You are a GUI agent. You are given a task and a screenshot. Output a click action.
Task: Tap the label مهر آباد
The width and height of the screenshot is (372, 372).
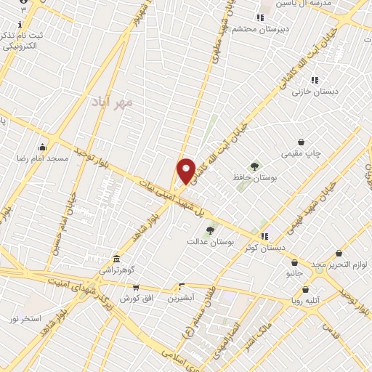click(113, 103)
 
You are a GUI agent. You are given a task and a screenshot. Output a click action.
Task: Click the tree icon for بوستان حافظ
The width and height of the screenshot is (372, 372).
click(254, 166)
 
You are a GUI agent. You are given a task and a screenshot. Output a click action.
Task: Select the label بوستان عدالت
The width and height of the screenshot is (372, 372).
click(210, 241)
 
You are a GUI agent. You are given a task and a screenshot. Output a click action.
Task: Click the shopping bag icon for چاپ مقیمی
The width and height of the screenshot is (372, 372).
click(301, 142)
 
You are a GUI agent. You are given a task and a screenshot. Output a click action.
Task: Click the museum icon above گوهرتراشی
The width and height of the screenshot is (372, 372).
click(116, 259)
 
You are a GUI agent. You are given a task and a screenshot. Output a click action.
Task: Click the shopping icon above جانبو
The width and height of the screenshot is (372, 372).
click(294, 263)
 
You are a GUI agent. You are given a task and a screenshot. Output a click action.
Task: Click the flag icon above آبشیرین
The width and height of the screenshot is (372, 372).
click(182, 286)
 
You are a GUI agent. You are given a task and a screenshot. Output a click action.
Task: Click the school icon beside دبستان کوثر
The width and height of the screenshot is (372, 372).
click(264, 236)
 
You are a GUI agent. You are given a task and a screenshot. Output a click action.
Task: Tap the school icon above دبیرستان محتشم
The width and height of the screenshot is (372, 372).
click(259, 18)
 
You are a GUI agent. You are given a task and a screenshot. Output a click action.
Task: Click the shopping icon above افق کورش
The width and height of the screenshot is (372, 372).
click(136, 288)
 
